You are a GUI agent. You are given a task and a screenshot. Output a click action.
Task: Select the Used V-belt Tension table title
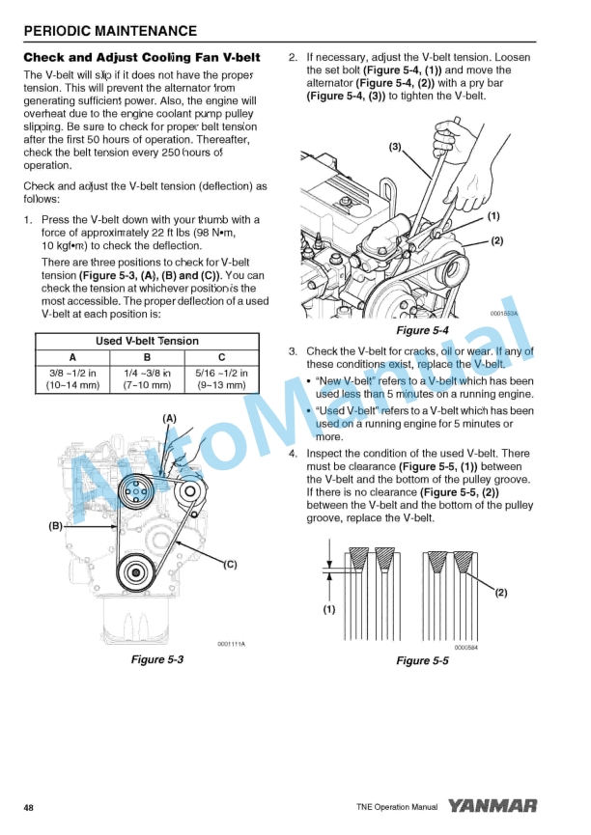click(x=148, y=341)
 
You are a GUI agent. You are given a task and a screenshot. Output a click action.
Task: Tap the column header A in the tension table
click(x=72, y=358)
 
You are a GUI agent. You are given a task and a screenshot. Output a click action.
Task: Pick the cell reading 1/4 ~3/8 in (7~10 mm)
click(x=148, y=379)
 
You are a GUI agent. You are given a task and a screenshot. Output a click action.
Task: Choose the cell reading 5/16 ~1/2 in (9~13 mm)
click(x=221, y=379)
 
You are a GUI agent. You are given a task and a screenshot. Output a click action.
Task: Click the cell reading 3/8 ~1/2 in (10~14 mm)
click(x=72, y=379)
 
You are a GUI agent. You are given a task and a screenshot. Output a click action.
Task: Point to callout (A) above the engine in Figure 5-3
click(x=169, y=418)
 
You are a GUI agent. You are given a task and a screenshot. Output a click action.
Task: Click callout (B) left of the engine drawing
click(x=55, y=526)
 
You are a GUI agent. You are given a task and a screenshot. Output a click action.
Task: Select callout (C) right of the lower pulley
click(x=231, y=564)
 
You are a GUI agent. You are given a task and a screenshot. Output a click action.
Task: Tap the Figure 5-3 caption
click(x=156, y=660)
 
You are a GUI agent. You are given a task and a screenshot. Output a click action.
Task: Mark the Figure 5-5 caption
click(x=422, y=660)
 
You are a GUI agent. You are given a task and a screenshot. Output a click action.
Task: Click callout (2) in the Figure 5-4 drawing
click(x=497, y=240)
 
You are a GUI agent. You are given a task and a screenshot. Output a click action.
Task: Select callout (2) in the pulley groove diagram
click(x=500, y=593)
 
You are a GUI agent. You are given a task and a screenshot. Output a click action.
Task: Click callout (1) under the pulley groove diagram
click(x=329, y=610)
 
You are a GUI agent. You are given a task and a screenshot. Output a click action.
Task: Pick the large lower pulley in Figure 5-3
click(x=142, y=577)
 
